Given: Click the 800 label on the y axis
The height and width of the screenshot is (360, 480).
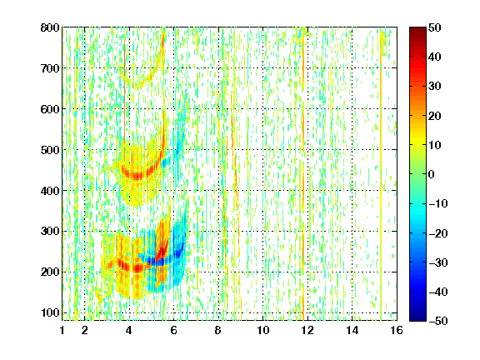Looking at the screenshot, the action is point(50,27).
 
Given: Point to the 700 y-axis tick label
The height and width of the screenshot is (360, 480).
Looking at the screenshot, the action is point(50,68).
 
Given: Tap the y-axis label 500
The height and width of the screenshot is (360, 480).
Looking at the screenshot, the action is point(50,150).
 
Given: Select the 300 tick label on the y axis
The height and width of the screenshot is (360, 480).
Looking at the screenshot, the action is point(50,232).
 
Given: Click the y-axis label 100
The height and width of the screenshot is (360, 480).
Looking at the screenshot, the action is point(50,312).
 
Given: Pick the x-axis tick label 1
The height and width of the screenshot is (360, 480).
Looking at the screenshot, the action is point(62,330).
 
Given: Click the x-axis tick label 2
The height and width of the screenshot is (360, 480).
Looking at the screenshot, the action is point(85,330).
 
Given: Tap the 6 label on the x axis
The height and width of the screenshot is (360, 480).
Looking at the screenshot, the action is point(174,330).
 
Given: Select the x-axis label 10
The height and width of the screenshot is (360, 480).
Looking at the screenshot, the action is point(263,330).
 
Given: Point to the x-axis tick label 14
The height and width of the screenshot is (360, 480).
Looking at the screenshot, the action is point(352,330).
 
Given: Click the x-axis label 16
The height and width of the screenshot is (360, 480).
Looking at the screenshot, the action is point(397,330).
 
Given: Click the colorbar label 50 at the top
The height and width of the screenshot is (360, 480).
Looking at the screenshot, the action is point(435,27).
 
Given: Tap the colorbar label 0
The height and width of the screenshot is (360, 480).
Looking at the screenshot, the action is point(432,174).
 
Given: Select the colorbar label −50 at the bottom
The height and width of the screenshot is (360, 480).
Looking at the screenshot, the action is point(438,321).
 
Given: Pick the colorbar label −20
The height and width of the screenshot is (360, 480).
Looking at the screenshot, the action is point(438,233).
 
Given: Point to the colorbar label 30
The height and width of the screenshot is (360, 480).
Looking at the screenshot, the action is point(435,87).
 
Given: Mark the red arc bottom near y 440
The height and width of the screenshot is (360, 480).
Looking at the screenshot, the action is point(137,176).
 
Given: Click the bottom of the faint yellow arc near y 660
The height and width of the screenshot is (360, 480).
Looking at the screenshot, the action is point(137,87).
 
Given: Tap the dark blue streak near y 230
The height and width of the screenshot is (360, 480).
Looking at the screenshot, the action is point(159,261).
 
